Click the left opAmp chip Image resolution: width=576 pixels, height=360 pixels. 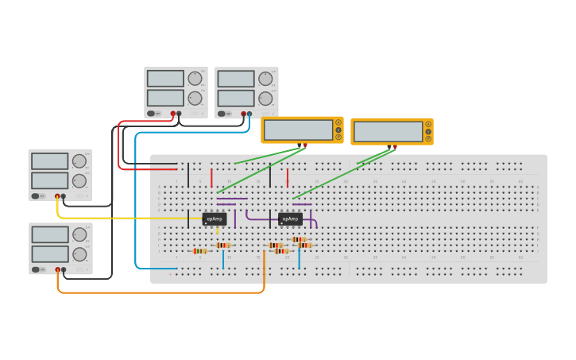point(215,219)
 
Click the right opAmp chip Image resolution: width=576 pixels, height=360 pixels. point(290,219)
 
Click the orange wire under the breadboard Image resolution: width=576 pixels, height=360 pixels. point(159,292)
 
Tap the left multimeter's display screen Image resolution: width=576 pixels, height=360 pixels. point(298,130)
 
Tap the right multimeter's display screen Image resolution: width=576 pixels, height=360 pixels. point(388,131)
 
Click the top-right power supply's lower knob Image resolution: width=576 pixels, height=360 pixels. point(265,99)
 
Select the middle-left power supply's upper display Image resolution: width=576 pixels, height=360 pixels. point(50,161)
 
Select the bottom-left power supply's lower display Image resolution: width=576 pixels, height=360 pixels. point(50,254)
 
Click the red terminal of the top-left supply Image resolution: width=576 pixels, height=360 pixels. point(172,114)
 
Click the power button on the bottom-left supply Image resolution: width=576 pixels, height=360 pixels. point(36,269)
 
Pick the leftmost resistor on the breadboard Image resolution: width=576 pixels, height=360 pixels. point(200,251)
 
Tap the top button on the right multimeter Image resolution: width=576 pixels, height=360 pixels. point(428,124)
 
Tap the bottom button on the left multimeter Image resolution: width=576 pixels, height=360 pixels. point(338,137)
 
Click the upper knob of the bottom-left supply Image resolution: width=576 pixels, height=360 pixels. point(79,234)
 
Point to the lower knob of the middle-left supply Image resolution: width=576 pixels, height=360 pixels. point(79,181)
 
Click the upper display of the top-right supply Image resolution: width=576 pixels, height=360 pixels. point(236,79)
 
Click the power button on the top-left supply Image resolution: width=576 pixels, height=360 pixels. point(151,114)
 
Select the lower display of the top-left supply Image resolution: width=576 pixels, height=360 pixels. point(165,98)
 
